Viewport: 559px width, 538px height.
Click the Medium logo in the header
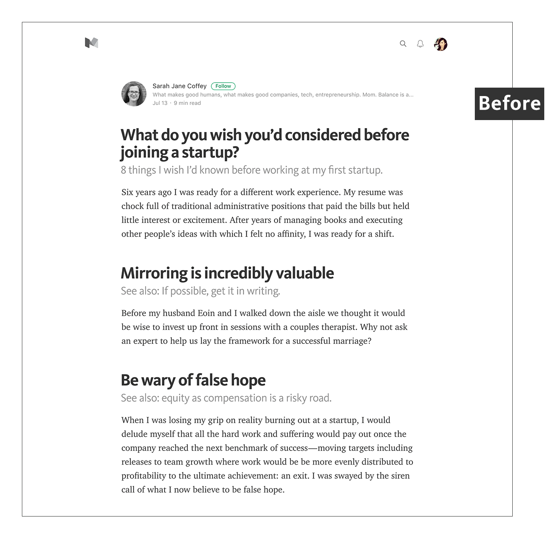(x=91, y=43)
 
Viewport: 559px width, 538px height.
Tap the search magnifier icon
(x=403, y=44)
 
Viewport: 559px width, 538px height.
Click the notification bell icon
(x=420, y=44)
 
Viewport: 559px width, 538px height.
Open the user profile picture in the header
(x=441, y=44)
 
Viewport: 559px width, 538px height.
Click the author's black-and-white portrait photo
(x=134, y=94)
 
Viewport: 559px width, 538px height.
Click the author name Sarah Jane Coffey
(x=179, y=86)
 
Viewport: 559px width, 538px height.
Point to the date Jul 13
(x=160, y=103)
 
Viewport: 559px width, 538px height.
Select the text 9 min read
(x=187, y=103)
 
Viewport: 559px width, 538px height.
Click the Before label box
(x=509, y=104)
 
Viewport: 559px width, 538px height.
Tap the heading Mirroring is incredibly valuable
(x=227, y=273)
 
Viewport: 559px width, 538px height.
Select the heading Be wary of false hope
(x=193, y=380)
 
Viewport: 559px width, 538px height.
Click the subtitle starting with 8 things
(x=252, y=170)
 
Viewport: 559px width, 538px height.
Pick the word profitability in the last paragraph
(x=144, y=476)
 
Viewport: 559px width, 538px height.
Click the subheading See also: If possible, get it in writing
(x=200, y=291)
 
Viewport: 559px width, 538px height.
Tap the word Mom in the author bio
(x=369, y=95)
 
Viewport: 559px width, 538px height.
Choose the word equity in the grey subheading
(x=176, y=398)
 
